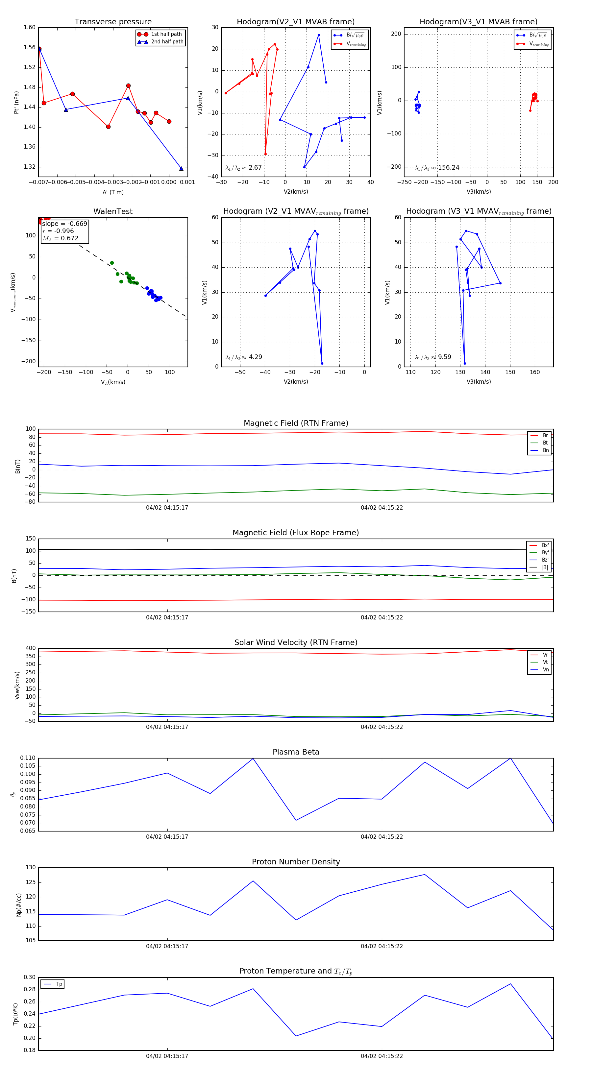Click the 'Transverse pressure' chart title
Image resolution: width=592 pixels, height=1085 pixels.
click(113, 22)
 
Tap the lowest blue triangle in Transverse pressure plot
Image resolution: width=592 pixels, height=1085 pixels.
click(182, 168)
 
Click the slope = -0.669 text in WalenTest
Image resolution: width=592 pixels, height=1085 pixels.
click(64, 224)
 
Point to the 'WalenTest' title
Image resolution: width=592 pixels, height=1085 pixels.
click(113, 211)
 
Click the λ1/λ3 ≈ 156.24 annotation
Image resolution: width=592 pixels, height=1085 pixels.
click(437, 168)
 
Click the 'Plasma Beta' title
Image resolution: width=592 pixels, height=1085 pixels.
click(296, 752)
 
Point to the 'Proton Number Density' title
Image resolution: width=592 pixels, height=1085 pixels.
click(296, 862)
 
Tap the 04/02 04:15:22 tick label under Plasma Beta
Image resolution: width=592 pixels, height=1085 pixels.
click(382, 837)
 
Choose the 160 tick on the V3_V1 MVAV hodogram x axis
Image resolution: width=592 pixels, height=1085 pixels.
click(535, 372)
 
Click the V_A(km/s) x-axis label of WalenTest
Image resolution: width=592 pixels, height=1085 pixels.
click(113, 382)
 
